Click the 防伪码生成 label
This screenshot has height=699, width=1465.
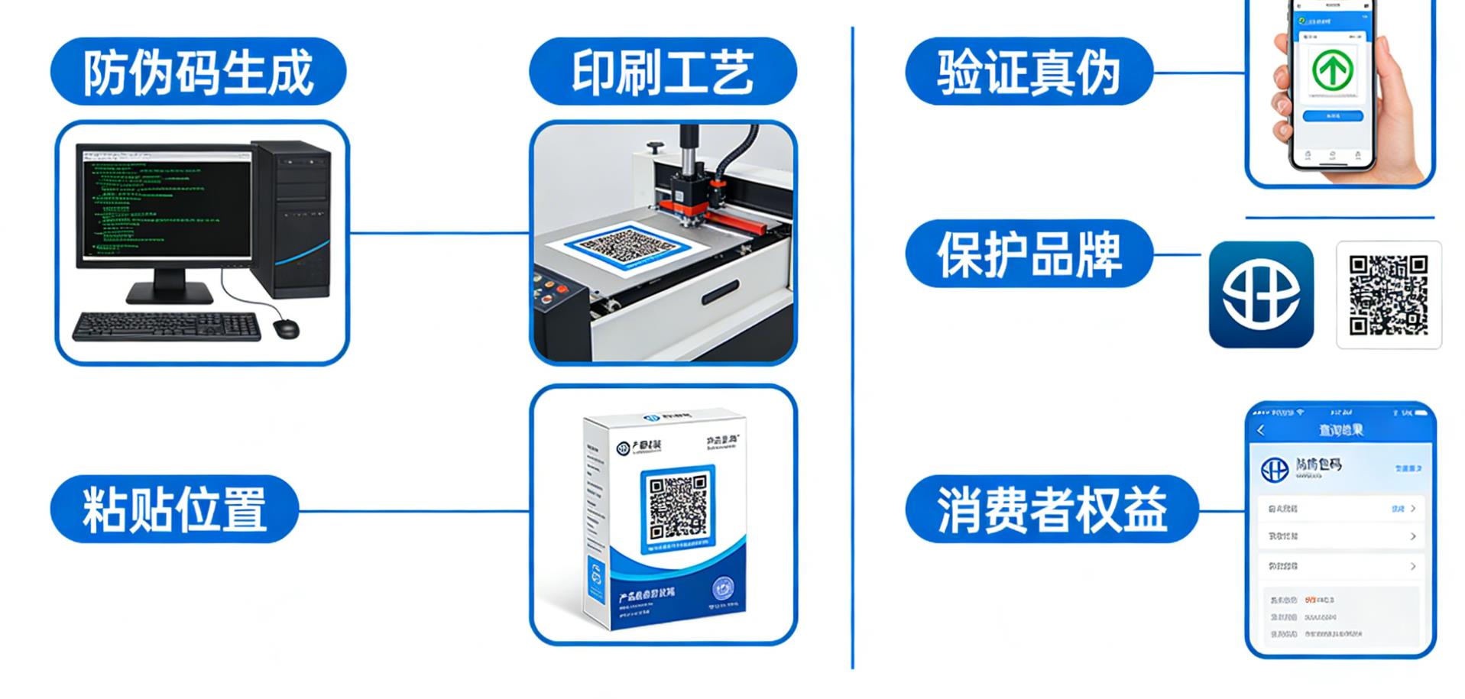(x=198, y=72)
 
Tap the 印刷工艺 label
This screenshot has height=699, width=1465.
(x=662, y=72)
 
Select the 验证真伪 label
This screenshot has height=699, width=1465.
(x=1028, y=73)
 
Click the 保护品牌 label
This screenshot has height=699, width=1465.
(x=1028, y=254)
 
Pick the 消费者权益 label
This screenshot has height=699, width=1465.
(x=1051, y=509)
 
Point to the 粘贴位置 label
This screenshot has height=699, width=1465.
(x=174, y=509)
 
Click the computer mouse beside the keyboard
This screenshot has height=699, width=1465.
(x=286, y=328)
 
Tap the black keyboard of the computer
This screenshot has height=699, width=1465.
(x=167, y=326)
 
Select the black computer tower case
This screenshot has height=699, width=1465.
(x=293, y=218)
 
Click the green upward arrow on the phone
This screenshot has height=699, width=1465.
(x=1332, y=70)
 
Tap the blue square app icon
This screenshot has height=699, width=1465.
(x=1261, y=294)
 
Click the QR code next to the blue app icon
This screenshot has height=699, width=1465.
(x=1388, y=295)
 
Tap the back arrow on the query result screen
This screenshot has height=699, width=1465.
(x=1262, y=431)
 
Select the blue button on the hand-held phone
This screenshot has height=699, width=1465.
(x=1332, y=116)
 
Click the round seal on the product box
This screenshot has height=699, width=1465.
(x=722, y=589)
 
